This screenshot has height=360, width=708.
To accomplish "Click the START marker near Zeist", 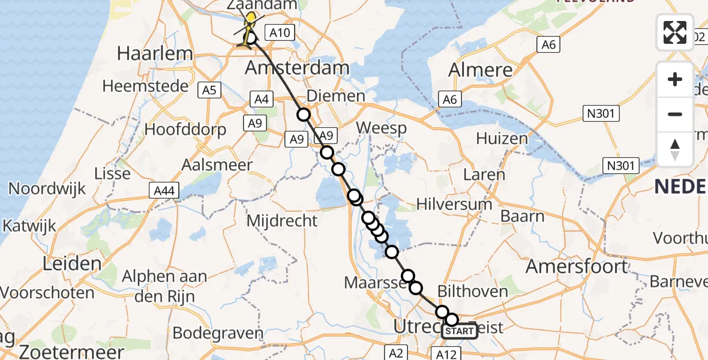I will [x=460, y=331].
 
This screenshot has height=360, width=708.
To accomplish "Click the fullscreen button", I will [x=675, y=32].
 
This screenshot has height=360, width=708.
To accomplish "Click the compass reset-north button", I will [x=675, y=149].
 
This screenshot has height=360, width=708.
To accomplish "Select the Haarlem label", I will [x=155, y=53].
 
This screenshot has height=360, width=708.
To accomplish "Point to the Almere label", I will [x=481, y=70].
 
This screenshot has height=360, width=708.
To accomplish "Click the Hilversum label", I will [x=454, y=205].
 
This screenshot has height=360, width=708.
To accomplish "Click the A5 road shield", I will [x=209, y=90].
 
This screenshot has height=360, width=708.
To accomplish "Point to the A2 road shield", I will [x=397, y=352].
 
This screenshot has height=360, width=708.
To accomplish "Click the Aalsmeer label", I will [x=218, y=166].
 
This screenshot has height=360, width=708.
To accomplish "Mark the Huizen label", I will [x=502, y=139].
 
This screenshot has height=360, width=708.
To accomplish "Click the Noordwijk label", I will [x=47, y=188].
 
